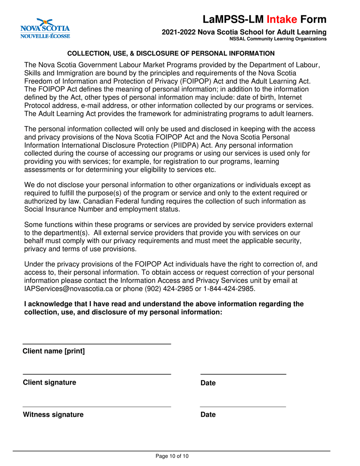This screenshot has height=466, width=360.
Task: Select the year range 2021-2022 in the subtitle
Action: [x=178, y=33]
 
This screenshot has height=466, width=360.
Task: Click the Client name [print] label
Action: [x=54, y=351]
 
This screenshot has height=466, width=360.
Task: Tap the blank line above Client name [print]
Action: [x=97, y=344]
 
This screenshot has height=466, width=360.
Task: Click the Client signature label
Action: [x=49, y=382]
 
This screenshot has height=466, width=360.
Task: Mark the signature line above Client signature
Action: [x=97, y=374]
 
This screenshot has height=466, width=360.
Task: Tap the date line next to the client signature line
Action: [x=243, y=374]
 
